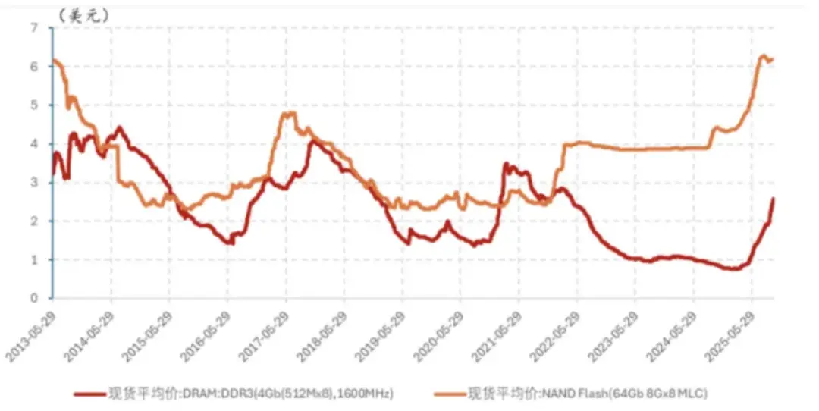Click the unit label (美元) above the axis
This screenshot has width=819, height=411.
click(84, 14)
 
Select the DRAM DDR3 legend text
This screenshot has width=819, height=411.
click(251, 394)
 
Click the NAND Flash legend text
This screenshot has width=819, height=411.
click(588, 394)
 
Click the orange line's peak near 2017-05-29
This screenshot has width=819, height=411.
click(289, 114)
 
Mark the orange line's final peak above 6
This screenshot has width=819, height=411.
click(763, 56)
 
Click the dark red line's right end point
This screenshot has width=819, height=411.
click(773, 199)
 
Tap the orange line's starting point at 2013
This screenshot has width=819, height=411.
click(53, 61)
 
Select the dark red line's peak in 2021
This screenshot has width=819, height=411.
click(507, 164)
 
